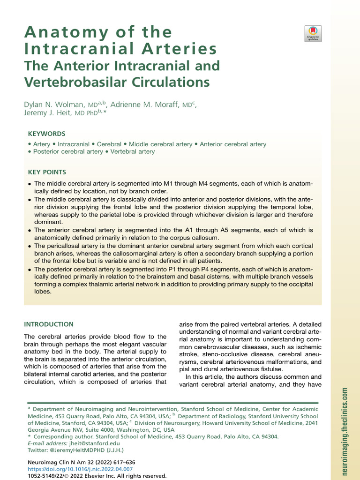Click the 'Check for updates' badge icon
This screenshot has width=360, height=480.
pos(313,34)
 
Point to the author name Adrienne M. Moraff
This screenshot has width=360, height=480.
pos(149,105)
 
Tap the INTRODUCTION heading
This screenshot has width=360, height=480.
pos(49,324)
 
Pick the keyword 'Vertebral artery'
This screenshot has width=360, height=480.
pos(133,152)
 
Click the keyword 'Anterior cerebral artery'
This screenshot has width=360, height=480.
pos(233,144)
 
